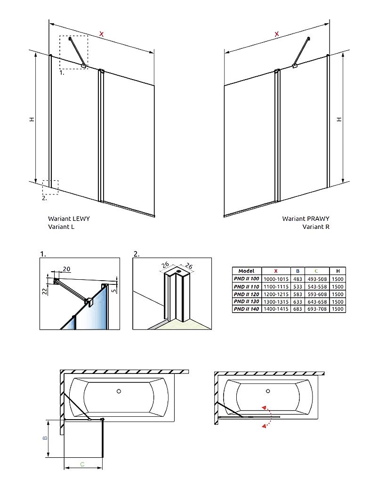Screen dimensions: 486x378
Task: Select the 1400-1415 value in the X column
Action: [x=276, y=309]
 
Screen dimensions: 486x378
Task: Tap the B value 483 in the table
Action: [x=298, y=279]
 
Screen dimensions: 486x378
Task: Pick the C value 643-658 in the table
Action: [x=316, y=301]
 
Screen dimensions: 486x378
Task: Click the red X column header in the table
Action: [x=276, y=271]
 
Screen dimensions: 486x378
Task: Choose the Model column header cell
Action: [x=247, y=271]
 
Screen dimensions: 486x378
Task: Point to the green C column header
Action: [x=316, y=271]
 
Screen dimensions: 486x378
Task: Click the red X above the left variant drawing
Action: [x=102, y=33]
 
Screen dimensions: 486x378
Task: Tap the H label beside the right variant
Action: [x=338, y=120]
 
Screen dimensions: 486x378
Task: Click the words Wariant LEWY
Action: [x=69, y=219]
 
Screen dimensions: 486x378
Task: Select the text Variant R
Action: [x=316, y=227]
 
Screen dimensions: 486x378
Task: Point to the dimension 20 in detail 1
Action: [x=66, y=269]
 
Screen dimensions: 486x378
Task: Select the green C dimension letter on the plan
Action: [x=82, y=464]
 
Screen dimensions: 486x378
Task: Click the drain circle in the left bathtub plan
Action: [x=119, y=391]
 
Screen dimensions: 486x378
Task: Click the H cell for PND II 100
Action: [x=338, y=279]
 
